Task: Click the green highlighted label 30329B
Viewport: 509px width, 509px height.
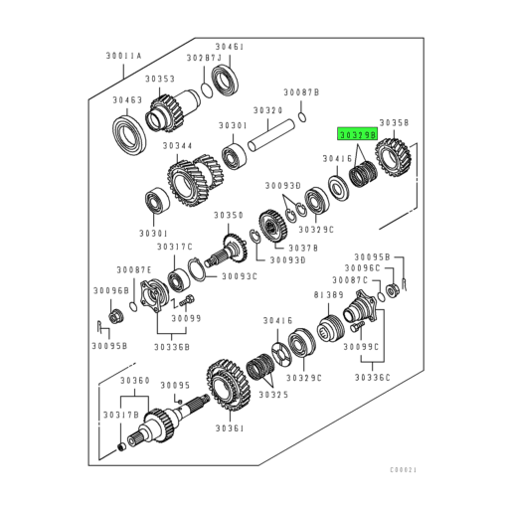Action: (357, 132)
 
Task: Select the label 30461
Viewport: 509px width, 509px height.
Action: (230, 47)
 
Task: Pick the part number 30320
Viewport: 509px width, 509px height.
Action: (267, 110)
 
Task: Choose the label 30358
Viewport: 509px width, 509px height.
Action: (394, 122)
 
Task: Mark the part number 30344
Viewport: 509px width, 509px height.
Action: (177, 145)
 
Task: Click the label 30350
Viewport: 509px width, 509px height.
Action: (228, 215)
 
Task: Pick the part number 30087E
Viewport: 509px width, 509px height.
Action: (133, 269)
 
